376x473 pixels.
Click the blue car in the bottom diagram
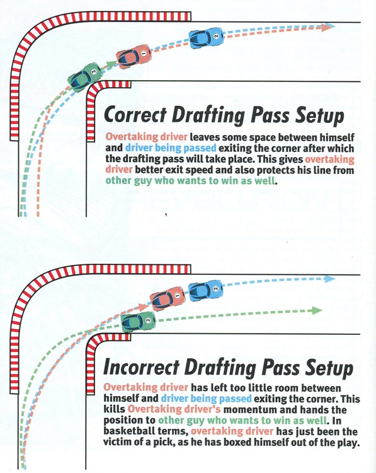205,290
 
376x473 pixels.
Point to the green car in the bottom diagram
137,321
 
